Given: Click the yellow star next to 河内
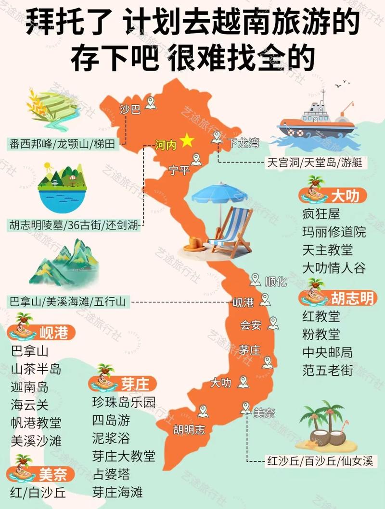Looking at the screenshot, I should pyautogui.click(x=187, y=141).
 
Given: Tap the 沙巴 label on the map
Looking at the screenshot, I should pyautogui.click(x=129, y=110).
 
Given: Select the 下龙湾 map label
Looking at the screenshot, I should pyautogui.click(x=243, y=143).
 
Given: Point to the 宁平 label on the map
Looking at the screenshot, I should pyautogui.click(x=180, y=170).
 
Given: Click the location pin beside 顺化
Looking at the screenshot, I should pyautogui.click(x=256, y=280).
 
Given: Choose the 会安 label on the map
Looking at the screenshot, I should pyautogui.click(x=251, y=325).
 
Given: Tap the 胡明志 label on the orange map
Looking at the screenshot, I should pyautogui.click(x=189, y=429).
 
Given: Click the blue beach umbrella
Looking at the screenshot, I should pyautogui.click(x=219, y=195).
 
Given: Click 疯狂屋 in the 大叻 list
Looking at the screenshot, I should pyautogui.click(x=321, y=213).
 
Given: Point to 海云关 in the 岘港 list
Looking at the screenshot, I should pyautogui.click(x=30, y=405).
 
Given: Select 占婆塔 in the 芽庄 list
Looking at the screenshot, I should pyautogui.click(x=111, y=474).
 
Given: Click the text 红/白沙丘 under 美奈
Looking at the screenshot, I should pyautogui.click(x=38, y=493).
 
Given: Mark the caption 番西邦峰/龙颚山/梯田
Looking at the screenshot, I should pyautogui.click(x=64, y=143).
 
